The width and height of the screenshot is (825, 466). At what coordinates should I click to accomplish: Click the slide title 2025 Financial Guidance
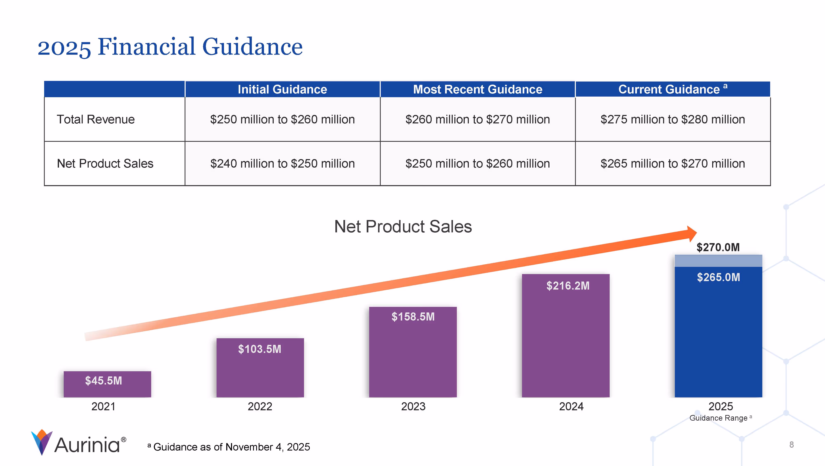[x=170, y=47]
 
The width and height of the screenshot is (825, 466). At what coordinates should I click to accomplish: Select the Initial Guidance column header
[x=282, y=89]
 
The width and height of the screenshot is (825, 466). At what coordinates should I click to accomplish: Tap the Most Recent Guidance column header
[x=477, y=89]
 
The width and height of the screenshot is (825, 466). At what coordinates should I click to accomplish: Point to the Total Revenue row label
[x=96, y=119]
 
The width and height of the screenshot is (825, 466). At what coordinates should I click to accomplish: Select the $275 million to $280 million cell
[x=673, y=119]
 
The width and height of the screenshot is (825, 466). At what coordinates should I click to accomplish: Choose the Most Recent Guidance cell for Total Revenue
[x=477, y=119]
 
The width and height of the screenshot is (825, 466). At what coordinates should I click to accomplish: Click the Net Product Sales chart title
[x=403, y=227]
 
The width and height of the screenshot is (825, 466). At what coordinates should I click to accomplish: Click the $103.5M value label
[x=259, y=349]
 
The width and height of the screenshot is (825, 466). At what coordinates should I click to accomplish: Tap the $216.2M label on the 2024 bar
[x=568, y=286]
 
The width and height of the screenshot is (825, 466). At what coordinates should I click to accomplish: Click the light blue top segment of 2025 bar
[x=718, y=261]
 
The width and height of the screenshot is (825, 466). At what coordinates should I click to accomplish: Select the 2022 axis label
[x=260, y=406]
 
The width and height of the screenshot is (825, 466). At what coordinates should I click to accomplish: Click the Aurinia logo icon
[x=42, y=442]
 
